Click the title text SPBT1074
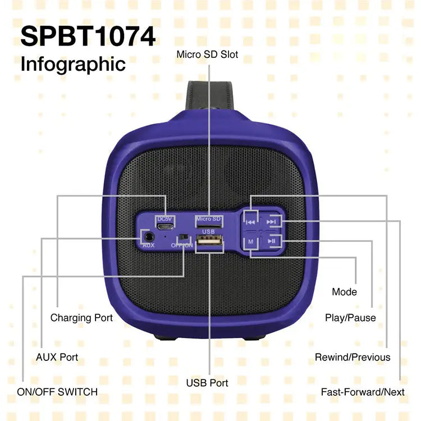88,37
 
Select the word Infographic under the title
73,63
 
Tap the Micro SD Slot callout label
207,54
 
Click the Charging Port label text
81,318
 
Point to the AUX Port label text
57,357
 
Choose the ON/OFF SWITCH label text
57,392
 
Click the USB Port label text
207,383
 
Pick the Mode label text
344,292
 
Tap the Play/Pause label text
350,318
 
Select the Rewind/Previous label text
353,357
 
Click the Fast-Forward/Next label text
363,392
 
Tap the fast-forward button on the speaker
272,222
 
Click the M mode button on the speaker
251,241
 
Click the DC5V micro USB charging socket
164,227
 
